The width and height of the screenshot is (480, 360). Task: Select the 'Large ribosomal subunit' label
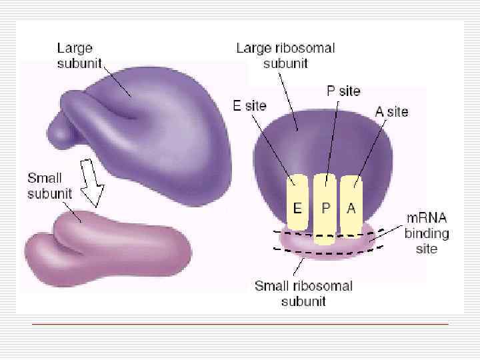tap(285, 55)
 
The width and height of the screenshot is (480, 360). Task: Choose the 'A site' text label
tap(391, 111)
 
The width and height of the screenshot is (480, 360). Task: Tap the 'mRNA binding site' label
tap(426, 233)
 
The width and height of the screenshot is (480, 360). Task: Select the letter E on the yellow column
tap(298, 207)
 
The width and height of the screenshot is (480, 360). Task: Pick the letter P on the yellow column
tap(326, 207)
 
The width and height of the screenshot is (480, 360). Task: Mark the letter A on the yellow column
tap(351, 207)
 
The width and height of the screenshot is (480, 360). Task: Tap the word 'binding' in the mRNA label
tap(427, 233)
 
